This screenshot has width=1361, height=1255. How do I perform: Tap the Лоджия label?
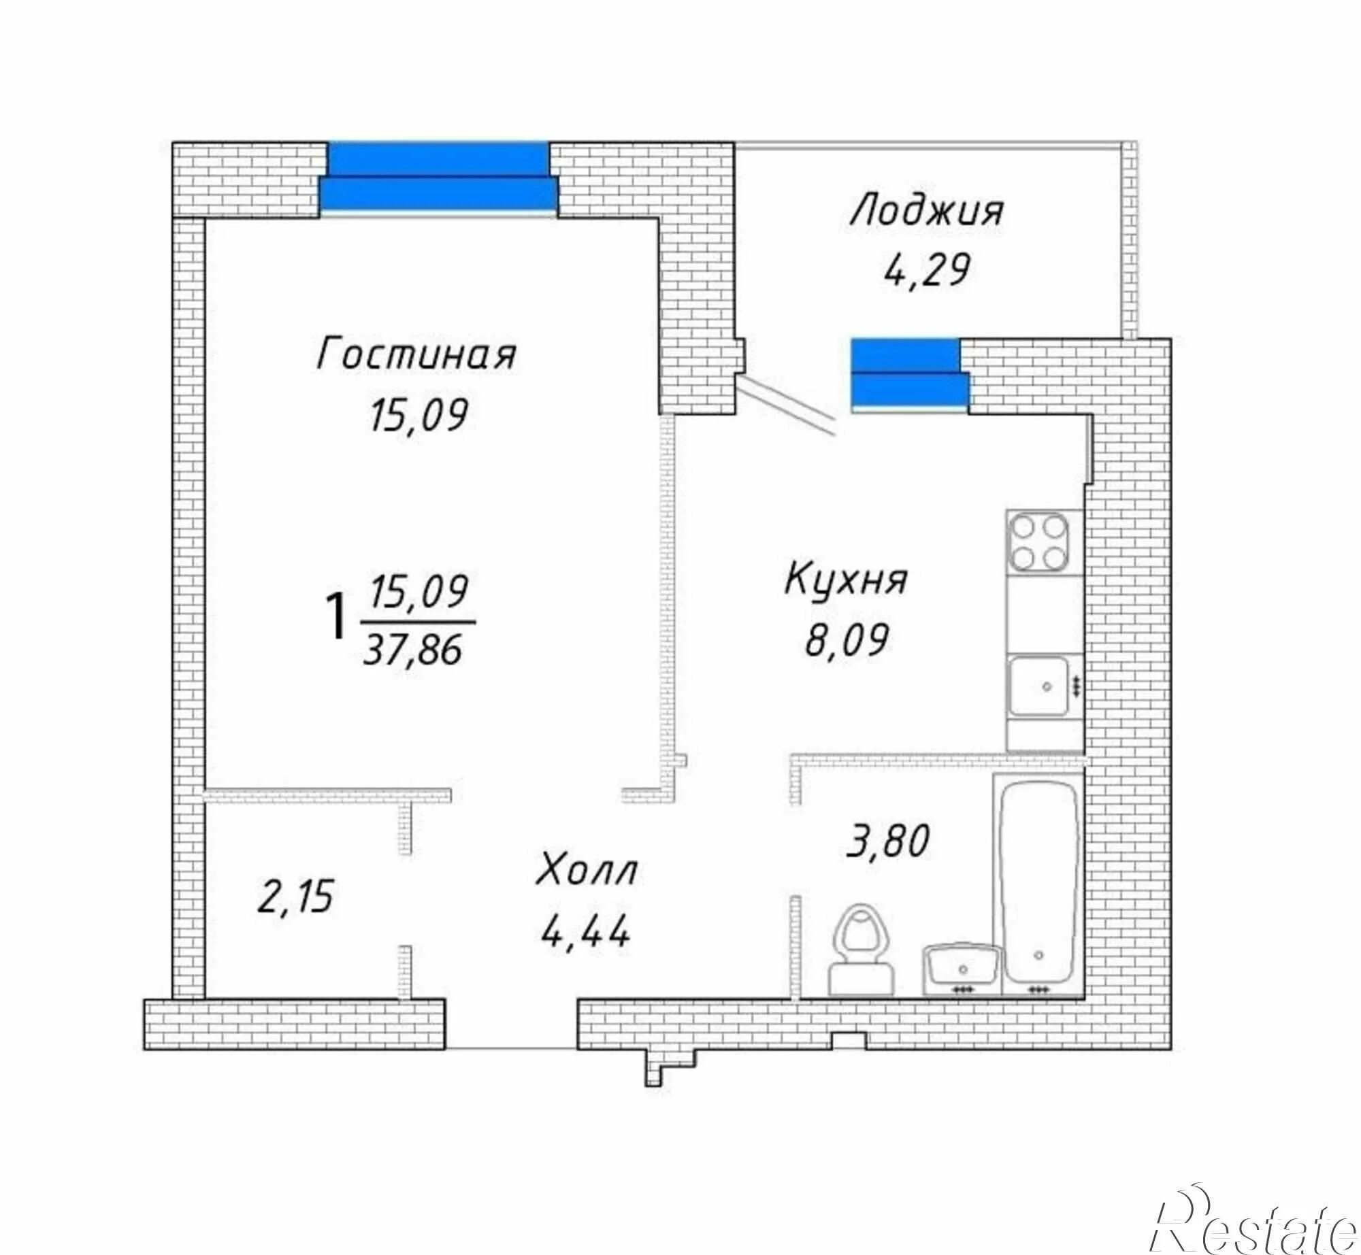tap(927, 211)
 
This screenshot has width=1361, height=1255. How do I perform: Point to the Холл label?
tap(587, 871)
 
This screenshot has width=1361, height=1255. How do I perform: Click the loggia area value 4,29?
tap(926, 270)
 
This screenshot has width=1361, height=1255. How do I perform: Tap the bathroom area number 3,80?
tap(887, 841)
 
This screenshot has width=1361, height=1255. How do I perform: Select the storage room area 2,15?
tap(295, 896)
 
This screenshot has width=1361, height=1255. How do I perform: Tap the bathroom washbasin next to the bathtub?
tap(962, 970)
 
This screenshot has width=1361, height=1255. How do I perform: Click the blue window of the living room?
tap(439, 177)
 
